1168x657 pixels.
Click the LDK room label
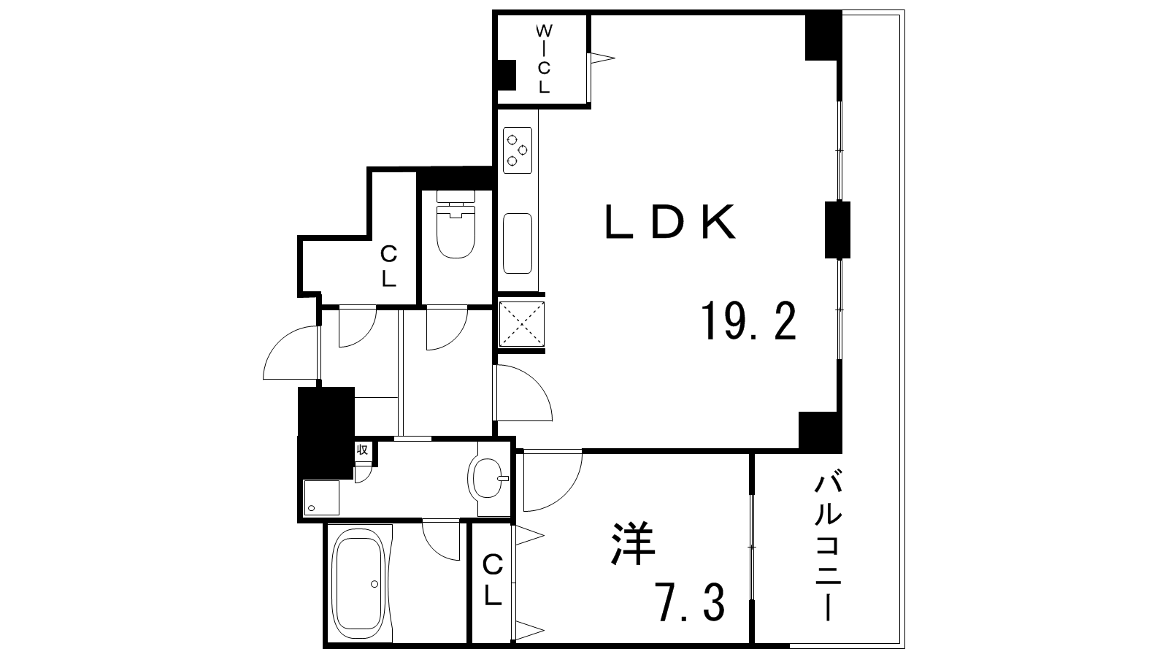click(670, 222)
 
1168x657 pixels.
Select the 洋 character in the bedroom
click(632, 543)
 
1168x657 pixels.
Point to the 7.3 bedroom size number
click(692, 604)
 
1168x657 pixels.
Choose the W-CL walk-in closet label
click(544, 59)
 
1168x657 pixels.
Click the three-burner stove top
click(518, 150)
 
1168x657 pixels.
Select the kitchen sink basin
click(518, 243)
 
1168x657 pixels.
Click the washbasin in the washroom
click(488, 478)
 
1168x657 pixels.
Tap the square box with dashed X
click(521, 324)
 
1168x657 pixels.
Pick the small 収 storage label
click(362, 449)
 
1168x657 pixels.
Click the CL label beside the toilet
click(388, 266)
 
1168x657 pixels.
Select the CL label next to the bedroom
click(492, 580)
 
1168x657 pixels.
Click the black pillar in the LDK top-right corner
click(823, 36)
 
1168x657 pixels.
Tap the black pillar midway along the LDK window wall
click(837, 230)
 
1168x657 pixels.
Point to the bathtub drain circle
click(374, 585)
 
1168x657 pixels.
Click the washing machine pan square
click(321, 498)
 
